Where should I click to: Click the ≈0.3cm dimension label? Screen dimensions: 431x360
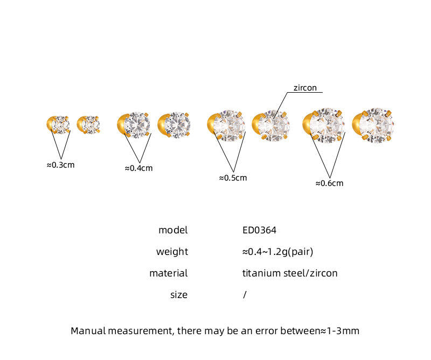pyautogui.click(x=60, y=165)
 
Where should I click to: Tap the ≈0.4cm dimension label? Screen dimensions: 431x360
pyautogui.click(x=138, y=168)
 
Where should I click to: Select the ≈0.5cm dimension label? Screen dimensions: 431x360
pyautogui.click(x=233, y=178)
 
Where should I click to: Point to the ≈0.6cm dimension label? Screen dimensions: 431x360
pyautogui.click(x=329, y=183)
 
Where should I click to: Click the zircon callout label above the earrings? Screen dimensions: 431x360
pyautogui.click(x=305, y=88)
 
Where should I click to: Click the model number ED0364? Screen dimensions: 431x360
pyautogui.click(x=259, y=230)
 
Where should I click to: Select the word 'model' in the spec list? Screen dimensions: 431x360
pyautogui.click(x=173, y=230)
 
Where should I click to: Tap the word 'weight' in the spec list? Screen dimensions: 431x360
pyautogui.click(x=172, y=252)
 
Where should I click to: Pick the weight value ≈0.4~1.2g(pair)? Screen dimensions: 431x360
pyautogui.click(x=277, y=252)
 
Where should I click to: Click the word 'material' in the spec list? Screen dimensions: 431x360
pyautogui.click(x=169, y=273)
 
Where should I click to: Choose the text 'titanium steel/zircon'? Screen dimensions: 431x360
pyautogui.click(x=290, y=273)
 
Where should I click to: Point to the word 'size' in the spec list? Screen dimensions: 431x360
pyautogui.click(x=179, y=295)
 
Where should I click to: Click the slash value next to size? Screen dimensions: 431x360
pyautogui.click(x=245, y=295)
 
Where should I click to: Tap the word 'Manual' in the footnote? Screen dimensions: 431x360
pyautogui.click(x=88, y=331)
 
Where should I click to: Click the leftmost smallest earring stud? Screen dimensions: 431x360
pyautogui.click(x=58, y=125)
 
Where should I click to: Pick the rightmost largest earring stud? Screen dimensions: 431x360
pyautogui.click(x=373, y=126)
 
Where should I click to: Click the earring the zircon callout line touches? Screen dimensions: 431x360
pyautogui.click(x=271, y=126)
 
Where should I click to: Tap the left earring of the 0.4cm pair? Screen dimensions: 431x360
pyautogui.click(x=134, y=125)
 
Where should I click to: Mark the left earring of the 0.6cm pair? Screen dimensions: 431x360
pyautogui.click(x=324, y=126)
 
